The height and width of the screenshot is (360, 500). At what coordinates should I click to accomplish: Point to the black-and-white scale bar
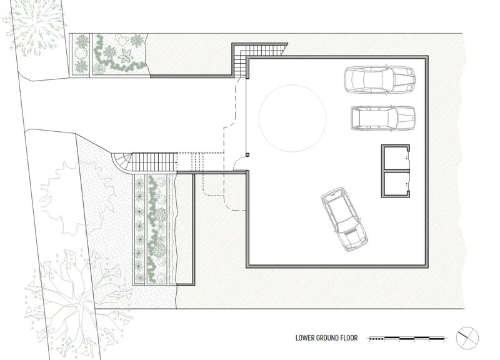click(x=407, y=338)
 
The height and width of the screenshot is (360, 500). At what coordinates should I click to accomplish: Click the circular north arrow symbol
click(x=467, y=338)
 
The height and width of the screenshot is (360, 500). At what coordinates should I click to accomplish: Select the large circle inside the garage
click(x=292, y=85)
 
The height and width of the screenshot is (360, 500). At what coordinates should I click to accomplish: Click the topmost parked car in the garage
click(x=379, y=80)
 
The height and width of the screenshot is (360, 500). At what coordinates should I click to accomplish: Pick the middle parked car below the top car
click(x=383, y=118)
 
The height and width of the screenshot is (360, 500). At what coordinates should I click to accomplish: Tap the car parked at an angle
click(x=344, y=219)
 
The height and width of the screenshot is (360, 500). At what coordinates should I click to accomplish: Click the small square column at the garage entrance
click(x=247, y=155)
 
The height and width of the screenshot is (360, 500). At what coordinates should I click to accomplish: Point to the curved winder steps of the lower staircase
click(x=122, y=162)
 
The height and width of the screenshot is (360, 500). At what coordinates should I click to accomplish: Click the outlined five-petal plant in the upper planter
click(x=126, y=56)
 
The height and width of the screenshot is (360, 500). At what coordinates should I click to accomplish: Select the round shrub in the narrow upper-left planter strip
click(x=81, y=52)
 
